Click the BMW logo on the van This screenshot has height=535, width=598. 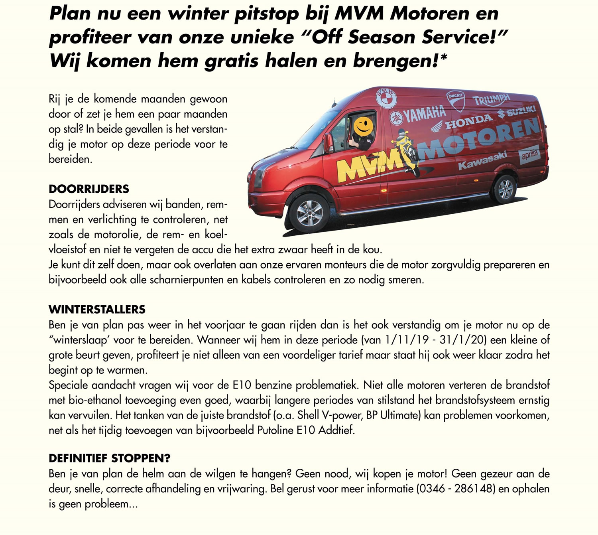tap(386, 97)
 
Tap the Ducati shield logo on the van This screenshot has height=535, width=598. tap(456, 100)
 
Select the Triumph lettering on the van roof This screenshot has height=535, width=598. tap(491, 100)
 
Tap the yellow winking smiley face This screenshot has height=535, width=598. tap(363, 126)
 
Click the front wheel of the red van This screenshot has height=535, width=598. tap(310, 213)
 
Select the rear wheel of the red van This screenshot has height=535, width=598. tap(505, 189)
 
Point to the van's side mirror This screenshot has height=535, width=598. tap(329, 143)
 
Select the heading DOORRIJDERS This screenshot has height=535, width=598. tap(89, 189)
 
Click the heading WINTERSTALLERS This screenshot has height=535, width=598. tap(97, 309)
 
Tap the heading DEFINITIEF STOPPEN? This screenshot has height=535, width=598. tap(110, 458)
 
